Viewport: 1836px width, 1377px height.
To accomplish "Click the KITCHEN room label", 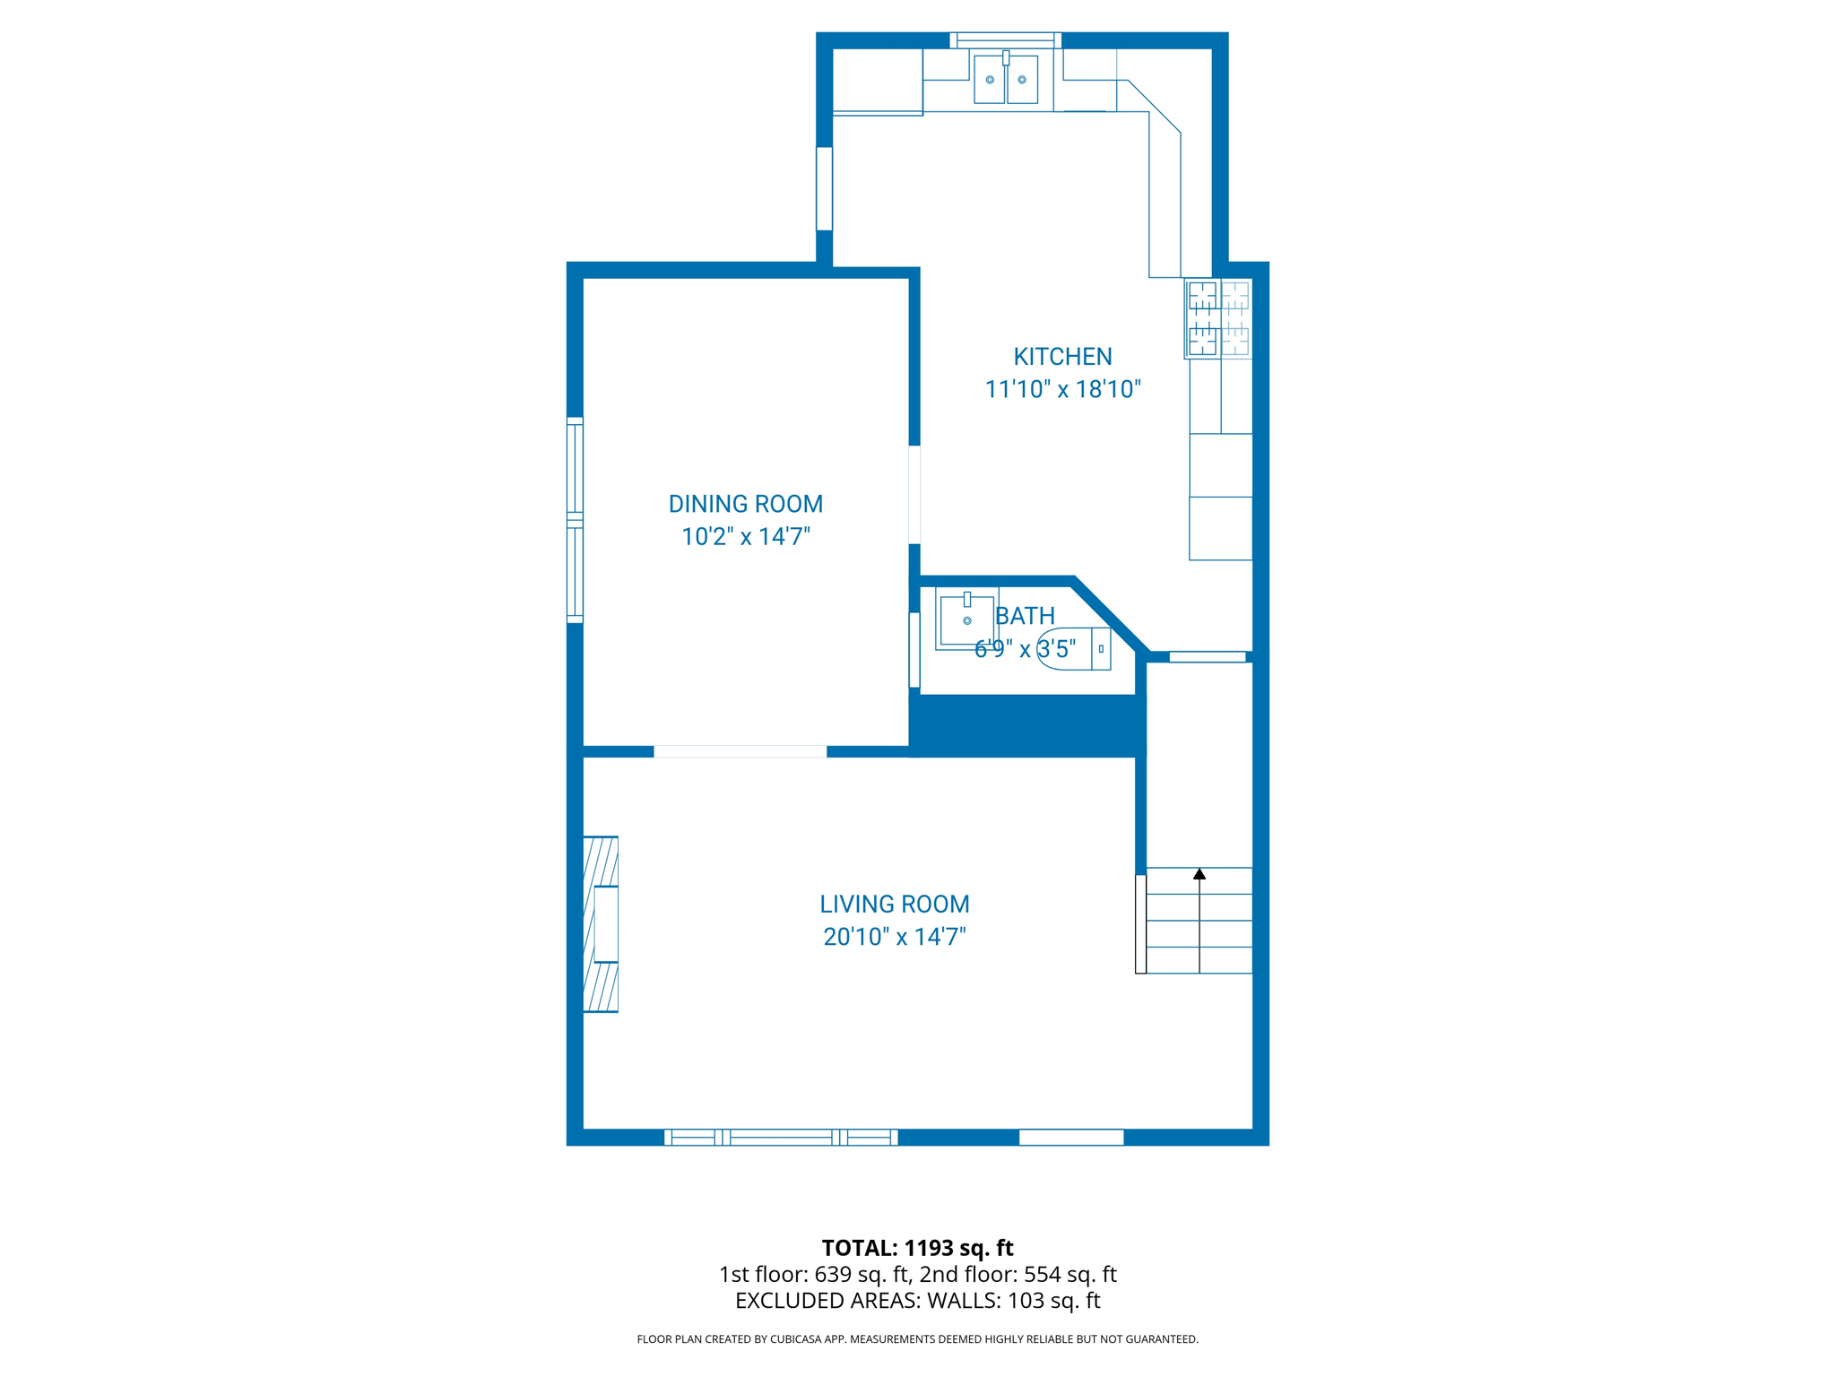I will (x=1062, y=357).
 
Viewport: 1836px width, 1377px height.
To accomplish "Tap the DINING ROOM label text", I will (x=745, y=504).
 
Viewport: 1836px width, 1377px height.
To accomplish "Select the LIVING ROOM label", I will (x=894, y=904).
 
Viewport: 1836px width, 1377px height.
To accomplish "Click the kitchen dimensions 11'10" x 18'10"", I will (x=1062, y=389).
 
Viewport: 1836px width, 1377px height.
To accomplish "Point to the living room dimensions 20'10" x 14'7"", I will (x=894, y=937).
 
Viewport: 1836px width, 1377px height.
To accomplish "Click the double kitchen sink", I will (x=1005, y=79).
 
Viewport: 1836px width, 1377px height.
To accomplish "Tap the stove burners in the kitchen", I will (x=1218, y=318).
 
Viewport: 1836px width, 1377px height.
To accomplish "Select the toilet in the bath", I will (x=1072, y=648).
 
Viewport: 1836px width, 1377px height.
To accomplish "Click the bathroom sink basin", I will (x=966, y=619).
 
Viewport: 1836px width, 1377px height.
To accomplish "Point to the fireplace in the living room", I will (x=601, y=924).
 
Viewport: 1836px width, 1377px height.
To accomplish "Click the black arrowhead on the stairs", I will (x=1199, y=874).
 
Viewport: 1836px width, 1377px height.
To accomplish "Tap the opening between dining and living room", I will (x=740, y=751).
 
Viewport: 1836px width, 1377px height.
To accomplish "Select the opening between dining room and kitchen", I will (x=914, y=494).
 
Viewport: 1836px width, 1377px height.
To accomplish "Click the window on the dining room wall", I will (x=575, y=520).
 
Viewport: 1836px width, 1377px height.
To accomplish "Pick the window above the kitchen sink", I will (x=1005, y=39).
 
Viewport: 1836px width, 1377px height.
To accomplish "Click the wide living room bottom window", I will (x=780, y=1137).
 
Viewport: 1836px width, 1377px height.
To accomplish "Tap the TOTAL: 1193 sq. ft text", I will (x=917, y=1247).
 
